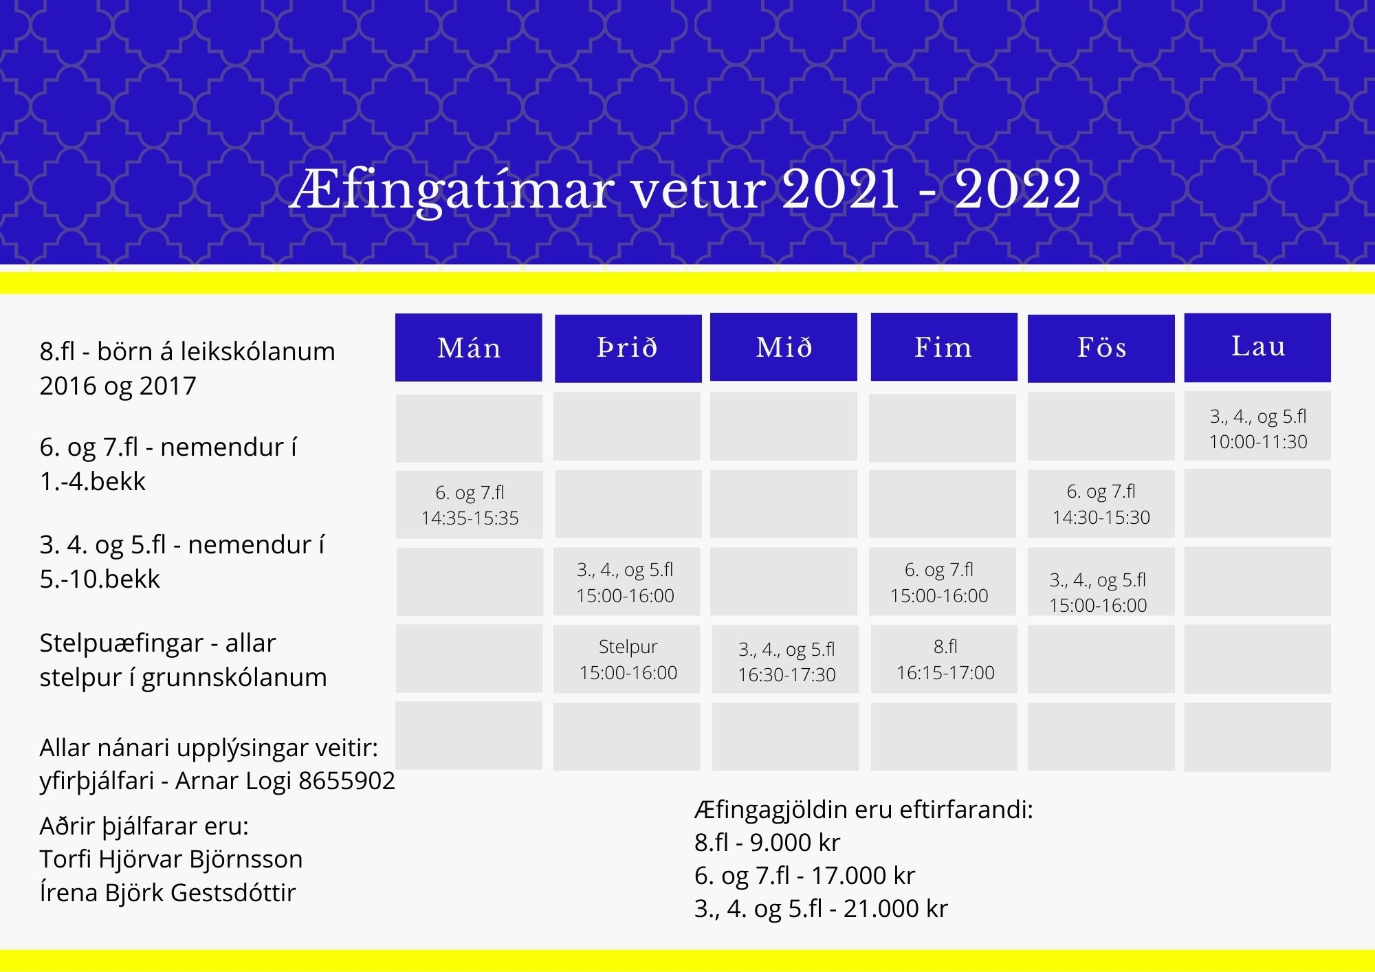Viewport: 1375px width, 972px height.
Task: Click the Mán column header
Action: point(469,347)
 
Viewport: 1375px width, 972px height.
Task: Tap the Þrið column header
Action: point(628,348)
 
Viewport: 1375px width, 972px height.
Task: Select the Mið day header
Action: point(784,346)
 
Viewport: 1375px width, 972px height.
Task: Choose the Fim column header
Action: point(944,346)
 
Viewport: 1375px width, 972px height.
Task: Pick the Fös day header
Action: point(1101,348)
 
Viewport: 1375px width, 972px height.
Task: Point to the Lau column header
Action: point(1257,347)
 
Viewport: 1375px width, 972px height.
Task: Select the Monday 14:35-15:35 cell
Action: point(470,505)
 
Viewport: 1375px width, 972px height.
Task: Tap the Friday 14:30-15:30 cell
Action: point(1101,504)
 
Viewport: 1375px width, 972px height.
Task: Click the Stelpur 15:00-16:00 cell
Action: point(628,659)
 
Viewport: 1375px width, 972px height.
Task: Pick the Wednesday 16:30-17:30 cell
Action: point(786,661)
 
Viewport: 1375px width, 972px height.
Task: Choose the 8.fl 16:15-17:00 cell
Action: point(945,659)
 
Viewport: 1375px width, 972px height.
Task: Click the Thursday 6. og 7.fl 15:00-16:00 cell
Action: point(939,582)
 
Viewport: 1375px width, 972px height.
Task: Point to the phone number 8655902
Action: point(347,781)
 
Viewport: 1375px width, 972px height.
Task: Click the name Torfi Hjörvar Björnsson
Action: point(171,859)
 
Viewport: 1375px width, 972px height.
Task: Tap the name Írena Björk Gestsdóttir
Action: point(168,892)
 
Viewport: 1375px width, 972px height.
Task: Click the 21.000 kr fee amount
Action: point(896,909)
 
